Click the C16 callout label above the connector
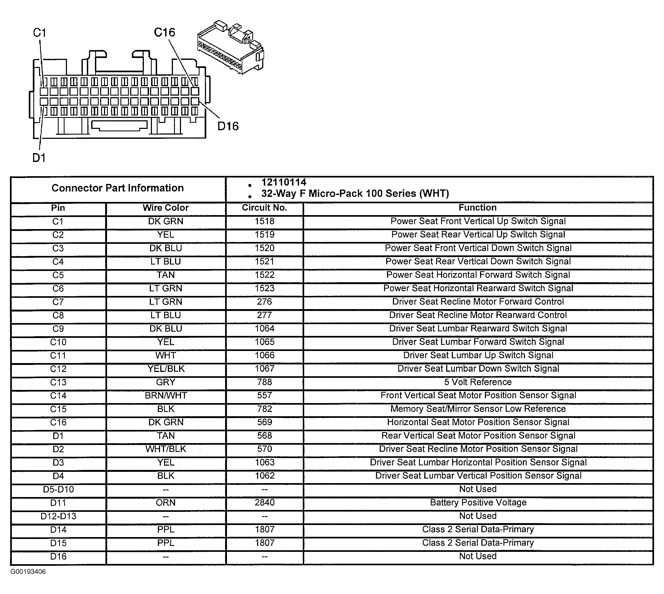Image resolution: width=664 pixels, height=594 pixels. coord(164,32)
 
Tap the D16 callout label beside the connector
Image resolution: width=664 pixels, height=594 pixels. coord(228,126)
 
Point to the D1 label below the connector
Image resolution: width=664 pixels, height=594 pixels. coord(39,158)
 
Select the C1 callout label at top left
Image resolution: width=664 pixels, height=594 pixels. coord(40,33)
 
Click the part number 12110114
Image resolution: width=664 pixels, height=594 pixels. coord(284,182)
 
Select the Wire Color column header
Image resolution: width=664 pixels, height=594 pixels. coord(166,208)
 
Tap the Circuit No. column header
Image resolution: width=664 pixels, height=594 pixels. coord(264,208)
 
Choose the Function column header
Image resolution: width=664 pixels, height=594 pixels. coord(477,208)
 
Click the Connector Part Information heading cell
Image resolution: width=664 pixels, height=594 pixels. coord(118,188)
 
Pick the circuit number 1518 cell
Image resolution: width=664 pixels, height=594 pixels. coord(264,221)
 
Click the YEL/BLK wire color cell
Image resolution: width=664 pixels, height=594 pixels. coord(166,369)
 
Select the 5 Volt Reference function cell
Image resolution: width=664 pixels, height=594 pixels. coord(478,382)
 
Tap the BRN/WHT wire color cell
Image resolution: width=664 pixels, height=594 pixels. coord(166,396)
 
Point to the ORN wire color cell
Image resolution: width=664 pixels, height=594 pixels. coord(166,503)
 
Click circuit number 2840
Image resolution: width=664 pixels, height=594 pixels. coord(264,503)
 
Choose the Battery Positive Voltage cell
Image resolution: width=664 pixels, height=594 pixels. coord(478,503)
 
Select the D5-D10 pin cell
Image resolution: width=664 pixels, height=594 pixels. coord(58,489)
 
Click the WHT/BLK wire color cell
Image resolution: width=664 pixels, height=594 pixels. coord(166,449)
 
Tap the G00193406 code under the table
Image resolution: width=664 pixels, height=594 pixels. coord(28,572)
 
